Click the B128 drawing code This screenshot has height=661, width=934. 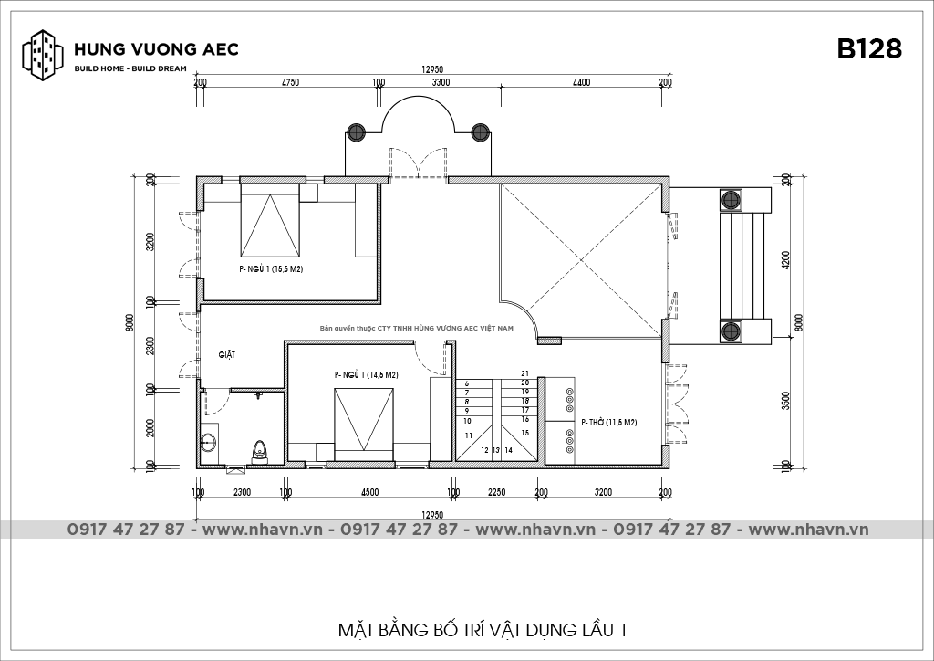pos(869,49)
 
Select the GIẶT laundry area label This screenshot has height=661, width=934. pos(227,355)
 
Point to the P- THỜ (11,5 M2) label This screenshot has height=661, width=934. pos(608,423)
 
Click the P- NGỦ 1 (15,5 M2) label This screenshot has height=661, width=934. pos(271,269)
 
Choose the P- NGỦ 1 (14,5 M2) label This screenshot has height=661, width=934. pos(366,375)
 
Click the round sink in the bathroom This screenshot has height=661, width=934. pos(209,442)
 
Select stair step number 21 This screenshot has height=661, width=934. pos(524,373)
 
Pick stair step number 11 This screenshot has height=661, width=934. pos(469,435)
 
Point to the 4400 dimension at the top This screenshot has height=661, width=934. pos(581,83)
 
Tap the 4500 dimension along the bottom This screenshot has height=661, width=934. pos(369,492)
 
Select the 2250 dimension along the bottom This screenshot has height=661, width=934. pos(497,492)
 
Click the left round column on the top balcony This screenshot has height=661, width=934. pos(356,131)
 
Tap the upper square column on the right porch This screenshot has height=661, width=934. pos(731,199)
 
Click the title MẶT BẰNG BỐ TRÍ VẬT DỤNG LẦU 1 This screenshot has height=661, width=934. pos(482,630)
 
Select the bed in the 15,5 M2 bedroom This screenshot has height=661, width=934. pos(270,219)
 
